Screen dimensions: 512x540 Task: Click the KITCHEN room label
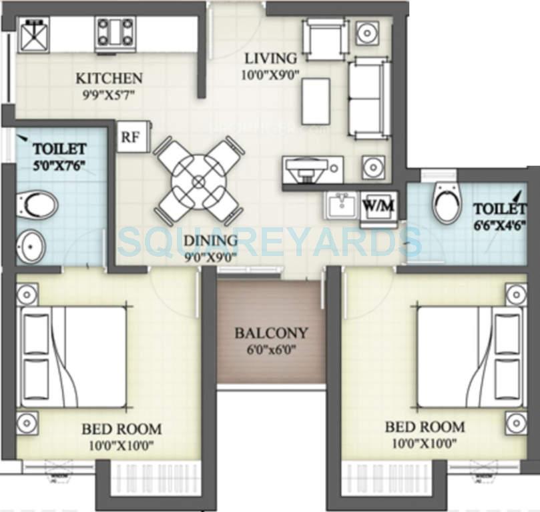point(108,79)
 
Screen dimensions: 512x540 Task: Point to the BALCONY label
point(271,333)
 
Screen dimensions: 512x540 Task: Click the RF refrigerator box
point(129,137)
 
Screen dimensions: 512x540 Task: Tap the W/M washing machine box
point(378,205)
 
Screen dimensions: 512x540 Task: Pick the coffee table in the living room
point(315,101)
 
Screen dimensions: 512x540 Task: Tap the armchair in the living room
point(325,39)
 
